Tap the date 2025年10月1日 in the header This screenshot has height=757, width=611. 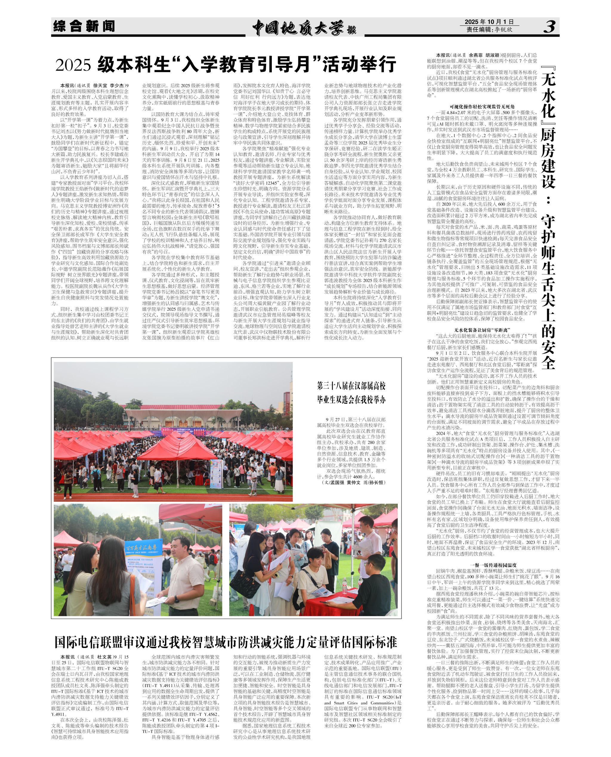[x=489, y=22]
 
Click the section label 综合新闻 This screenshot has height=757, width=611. [x=84, y=26]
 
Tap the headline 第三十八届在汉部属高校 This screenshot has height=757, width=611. [x=351, y=386]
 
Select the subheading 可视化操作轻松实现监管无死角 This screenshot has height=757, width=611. [x=482, y=106]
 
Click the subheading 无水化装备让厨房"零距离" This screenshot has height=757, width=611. [x=482, y=330]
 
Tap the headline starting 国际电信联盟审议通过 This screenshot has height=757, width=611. [x=225, y=642]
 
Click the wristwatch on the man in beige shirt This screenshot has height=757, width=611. [x=176, y=599]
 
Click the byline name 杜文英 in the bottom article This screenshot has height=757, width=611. [x=104, y=657]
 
